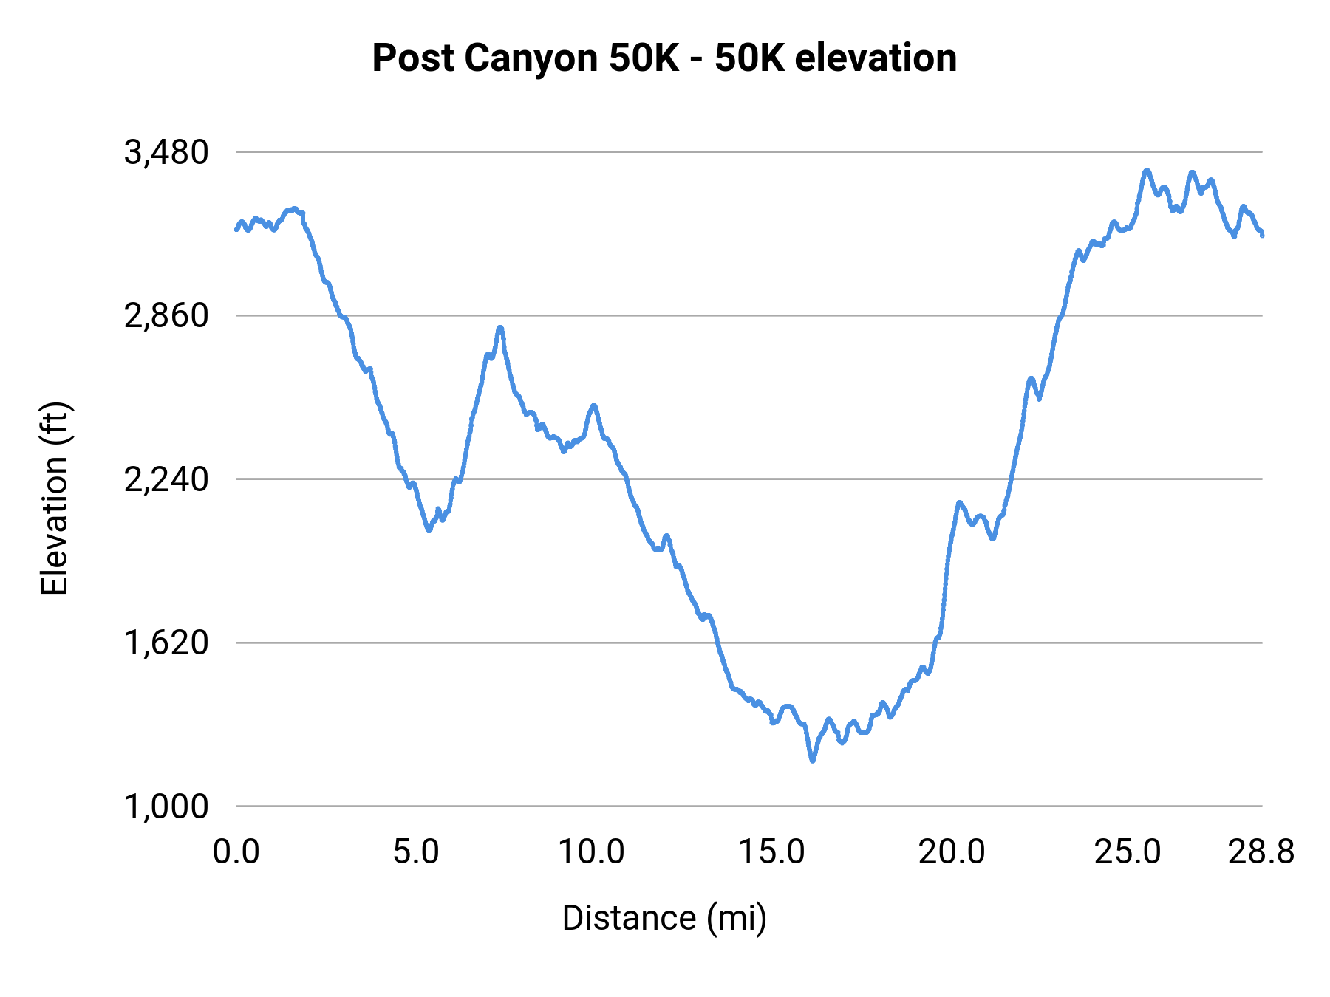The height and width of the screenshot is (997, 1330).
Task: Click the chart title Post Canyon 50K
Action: pyautogui.click(x=664, y=58)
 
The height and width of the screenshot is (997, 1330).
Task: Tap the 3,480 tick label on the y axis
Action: pyautogui.click(x=166, y=153)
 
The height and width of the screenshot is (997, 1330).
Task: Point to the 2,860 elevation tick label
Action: pyautogui.click(x=166, y=316)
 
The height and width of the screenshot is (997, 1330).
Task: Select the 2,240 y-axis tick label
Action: pyautogui.click(x=166, y=480)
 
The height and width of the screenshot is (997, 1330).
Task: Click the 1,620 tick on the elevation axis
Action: pyautogui.click(x=166, y=643)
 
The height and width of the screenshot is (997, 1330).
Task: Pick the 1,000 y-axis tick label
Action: pyautogui.click(x=166, y=806)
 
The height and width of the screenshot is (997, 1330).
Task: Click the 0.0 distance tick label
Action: pyautogui.click(x=236, y=852)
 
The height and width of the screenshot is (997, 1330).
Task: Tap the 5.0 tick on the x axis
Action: pyautogui.click(x=416, y=852)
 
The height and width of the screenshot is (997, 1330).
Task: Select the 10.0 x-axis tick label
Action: pyautogui.click(x=591, y=852)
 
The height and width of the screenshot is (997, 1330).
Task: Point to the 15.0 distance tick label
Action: pyautogui.click(x=771, y=852)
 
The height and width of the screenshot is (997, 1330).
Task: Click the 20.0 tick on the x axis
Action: pyautogui.click(x=952, y=852)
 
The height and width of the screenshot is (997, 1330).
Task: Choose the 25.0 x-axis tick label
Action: pyautogui.click(x=1128, y=852)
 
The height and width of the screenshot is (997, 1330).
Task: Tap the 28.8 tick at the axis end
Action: pyautogui.click(x=1261, y=852)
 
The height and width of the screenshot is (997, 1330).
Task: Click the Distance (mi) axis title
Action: pyautogui.click(x=664, y=918)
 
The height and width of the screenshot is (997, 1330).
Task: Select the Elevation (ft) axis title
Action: pyautogui.click(x=55, y=498)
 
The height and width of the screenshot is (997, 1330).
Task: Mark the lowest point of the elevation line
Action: pyautogui.click(x=813, y=760)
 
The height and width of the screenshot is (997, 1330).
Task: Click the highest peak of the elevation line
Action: pyautogui.click(x=1147, y=171)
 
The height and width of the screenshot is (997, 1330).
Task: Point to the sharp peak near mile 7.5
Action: pyautogui.click(x=500, y=327)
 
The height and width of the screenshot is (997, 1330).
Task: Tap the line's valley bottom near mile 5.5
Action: pyautogui.click(x=429, y=530)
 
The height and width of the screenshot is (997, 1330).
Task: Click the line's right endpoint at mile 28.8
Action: pyautogui.click(x=1262, y=235)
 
